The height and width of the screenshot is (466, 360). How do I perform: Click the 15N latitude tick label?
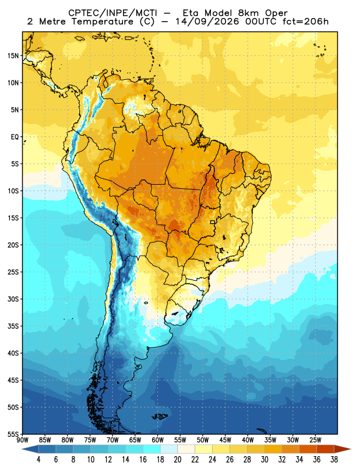point(13,55)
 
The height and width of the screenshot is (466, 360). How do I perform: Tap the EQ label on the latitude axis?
point(15,137)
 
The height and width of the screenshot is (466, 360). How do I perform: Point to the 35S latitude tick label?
point(13,326)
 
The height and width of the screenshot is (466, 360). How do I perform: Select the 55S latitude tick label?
point(13,434)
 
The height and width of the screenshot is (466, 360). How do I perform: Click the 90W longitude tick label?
point(23,440)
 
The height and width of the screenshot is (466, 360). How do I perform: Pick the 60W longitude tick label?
point(157,440)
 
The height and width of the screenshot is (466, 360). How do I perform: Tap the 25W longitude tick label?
point(315,440)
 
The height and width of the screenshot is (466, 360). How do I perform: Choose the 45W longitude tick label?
point(225,440)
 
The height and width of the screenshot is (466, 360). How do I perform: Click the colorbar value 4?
point(38,460)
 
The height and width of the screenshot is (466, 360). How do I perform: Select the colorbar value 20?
point(178,460)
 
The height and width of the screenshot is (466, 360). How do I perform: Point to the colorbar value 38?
point(334,460)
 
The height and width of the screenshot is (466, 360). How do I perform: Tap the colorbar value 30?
point(264,460)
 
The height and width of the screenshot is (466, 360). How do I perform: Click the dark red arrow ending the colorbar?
point(343,449)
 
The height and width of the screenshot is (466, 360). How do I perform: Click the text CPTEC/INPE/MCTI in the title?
point(112,13)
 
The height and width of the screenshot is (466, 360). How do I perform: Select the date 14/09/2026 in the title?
point(207,22)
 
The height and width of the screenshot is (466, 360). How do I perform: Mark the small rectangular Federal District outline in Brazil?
point(213,222)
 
